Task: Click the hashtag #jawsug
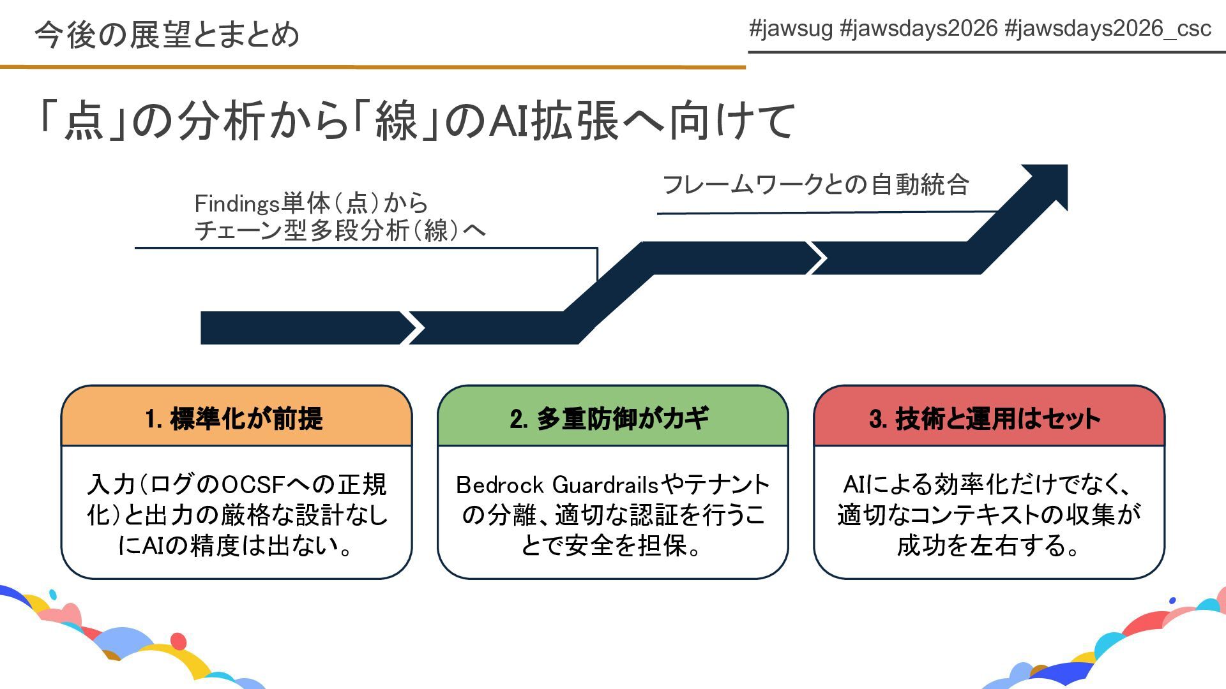click(791, 29)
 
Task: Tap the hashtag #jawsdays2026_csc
click(1108, 29)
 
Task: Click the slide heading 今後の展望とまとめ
click(167, 34)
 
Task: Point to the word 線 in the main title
click(396, 121)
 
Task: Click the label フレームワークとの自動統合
click(815, 185)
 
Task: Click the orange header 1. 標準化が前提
click(236, 419)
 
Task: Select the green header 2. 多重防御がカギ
click(612, 419)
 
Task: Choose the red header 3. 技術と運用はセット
click(988, 419)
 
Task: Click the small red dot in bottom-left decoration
click(179, 641)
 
